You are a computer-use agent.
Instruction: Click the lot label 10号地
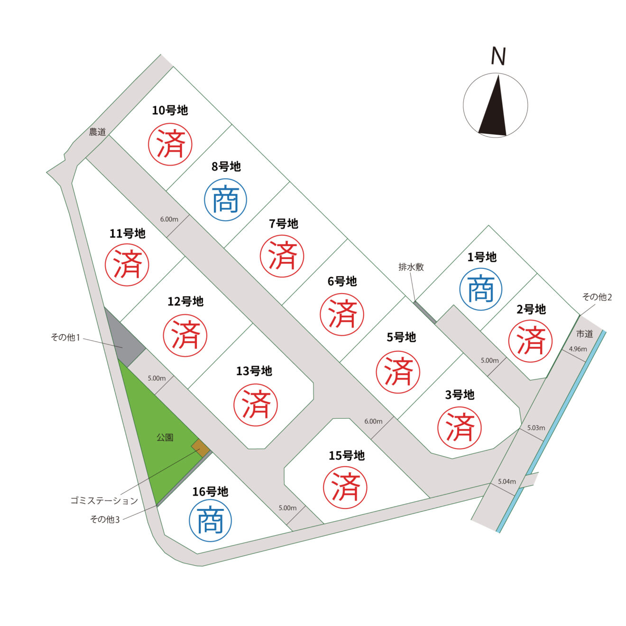[x=170, y=110]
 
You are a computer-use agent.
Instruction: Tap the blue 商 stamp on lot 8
[x=225, y=200]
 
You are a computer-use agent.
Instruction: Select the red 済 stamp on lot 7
[x=282, y=256]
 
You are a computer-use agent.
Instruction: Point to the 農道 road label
[x=98, y=132]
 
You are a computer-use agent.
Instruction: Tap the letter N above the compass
[x=498, y=56]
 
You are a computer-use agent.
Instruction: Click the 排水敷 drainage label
[x=411, y=267]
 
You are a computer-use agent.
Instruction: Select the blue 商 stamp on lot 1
[x=481, y=289]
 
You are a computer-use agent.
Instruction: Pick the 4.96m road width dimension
[x=578, y=349]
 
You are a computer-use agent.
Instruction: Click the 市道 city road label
[x=584, y=334]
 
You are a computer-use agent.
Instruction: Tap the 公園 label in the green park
[x=165, y=438]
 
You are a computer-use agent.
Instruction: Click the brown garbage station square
[x=200, y=448]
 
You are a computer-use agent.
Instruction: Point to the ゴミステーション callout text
[x=104, y=501]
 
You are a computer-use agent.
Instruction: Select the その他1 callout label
[x=65, y=338]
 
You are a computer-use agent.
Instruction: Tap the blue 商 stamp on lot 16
[x=211, y=520]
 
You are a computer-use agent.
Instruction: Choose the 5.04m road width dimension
[x=507, y=482]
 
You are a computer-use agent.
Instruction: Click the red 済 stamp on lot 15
[x=345, y=488]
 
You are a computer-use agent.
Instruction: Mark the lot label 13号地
[x=254, y=371]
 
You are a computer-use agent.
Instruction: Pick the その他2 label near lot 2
[x=597, y=297]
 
